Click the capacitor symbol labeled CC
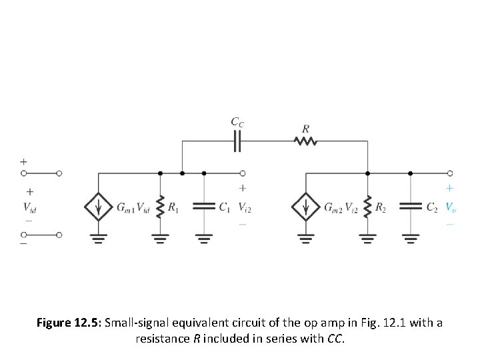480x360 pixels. pos(238,141)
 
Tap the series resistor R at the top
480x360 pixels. pos(306,141)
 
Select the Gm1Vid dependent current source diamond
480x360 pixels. pos(99,207)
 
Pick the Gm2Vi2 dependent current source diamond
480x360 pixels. pos(306,207)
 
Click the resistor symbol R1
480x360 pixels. pos(160,207)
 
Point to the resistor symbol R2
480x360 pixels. pos(367,207)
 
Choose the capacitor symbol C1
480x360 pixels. pos(203,207)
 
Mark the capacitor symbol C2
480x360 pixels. pos(411,207)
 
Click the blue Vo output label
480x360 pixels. pos(451,207)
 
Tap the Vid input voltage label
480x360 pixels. pos(29,207)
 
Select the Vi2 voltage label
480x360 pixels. pos(245,207)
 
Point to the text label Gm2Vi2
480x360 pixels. pos(341,208)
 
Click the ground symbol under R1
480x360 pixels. pos(160,239)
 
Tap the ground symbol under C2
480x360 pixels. pos(411,239)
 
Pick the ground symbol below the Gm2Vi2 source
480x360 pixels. pos(306,239)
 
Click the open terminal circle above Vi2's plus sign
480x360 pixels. pos(243,173)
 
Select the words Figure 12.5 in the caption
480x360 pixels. pos(65,323)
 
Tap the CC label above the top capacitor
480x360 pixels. pos(237,121)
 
